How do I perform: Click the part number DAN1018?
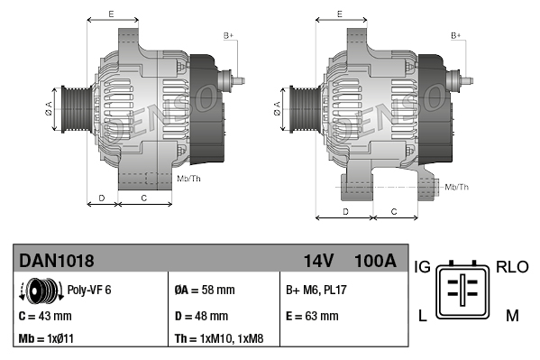coord(57,261)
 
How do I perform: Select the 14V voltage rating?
coord(319,261)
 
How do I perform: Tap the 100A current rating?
coord(375,261)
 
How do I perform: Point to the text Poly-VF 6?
coord(89,291)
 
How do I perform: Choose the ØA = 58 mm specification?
coord(205,291)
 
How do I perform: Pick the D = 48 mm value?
coord(201,316)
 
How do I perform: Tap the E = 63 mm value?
coord(312,316)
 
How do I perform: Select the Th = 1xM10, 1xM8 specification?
coord(220,339)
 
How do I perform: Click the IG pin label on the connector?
coord(422,267)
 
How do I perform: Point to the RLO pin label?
coord(512,267)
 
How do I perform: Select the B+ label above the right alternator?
coord(456,35)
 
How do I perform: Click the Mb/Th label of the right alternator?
coord(457,187)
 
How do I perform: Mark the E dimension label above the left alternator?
coord(110,14)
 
